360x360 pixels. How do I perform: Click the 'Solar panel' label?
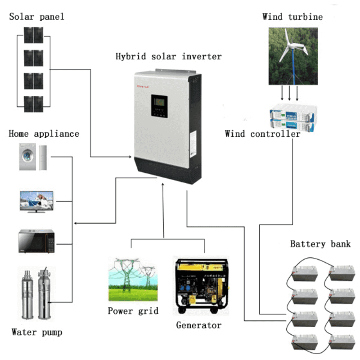click(x=37, y=17)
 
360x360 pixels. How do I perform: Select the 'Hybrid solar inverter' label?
click(x=168, y=57)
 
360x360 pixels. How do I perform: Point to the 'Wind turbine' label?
click(x=292, y=17)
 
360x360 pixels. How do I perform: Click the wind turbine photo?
click(x=293, y=56)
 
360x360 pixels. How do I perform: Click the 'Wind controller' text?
click(x=262, y=134)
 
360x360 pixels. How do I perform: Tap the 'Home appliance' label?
click(x=44, y=134)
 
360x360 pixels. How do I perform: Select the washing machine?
click(x=27, y=157)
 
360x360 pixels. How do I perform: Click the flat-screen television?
click(x=36, y=201)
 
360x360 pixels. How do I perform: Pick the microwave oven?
click(x=36, y=241)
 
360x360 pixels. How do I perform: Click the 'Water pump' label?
click(x=36, y=333)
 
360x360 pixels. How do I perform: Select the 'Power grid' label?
click(x=133, y=311)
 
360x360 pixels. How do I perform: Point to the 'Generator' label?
click(x=198, y=325)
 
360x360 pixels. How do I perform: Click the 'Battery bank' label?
click(x=320, y=244)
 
